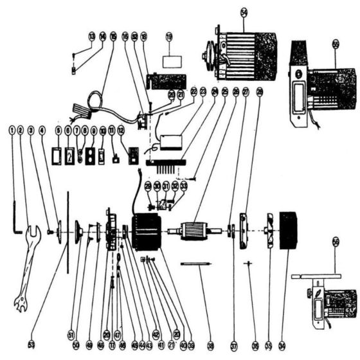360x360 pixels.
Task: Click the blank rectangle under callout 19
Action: pyautogui.click(x=172, y=62)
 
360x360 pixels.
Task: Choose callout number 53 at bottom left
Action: pyautogui.click(x=30, y=345)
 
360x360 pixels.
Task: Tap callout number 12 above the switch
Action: pyautogui.click(x=121, y=130)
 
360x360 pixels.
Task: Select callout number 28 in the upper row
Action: pyautogui.click(x=259, y=92)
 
